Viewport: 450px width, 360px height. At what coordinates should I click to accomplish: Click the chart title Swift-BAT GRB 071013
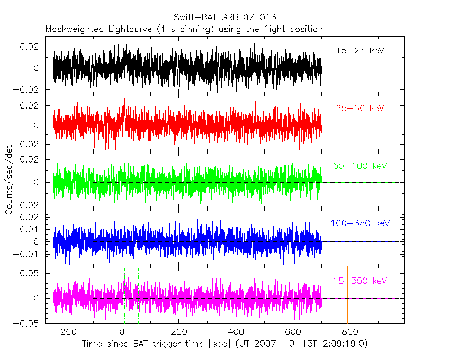(224, 17)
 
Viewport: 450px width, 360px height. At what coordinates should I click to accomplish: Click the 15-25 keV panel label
(359, 51)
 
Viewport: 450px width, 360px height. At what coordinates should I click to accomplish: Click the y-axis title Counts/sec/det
(9, 181)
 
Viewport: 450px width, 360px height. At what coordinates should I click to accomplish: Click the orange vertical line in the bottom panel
(347, 294)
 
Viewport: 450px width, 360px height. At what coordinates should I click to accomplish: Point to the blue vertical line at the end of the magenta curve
(321, 294)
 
